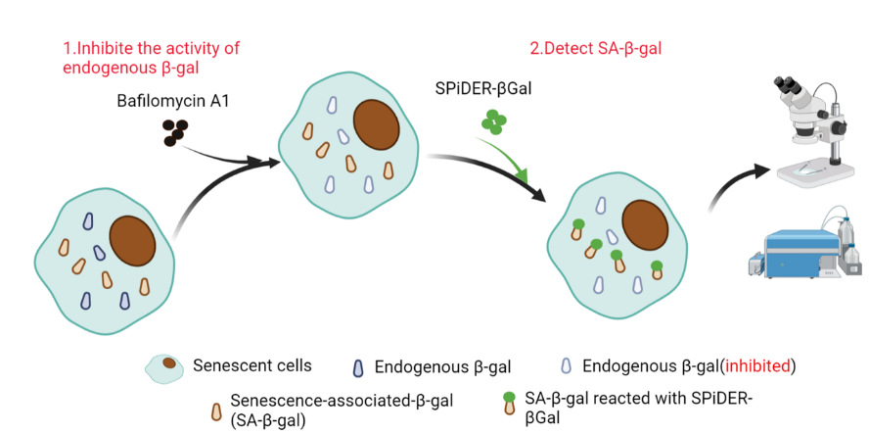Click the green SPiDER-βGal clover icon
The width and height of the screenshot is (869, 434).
pos(494,122)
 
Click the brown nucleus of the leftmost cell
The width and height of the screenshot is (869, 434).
pos(132,240)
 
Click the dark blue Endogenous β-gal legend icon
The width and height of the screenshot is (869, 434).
pos(357,368)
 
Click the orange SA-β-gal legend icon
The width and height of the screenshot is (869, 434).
pos(214,410)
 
